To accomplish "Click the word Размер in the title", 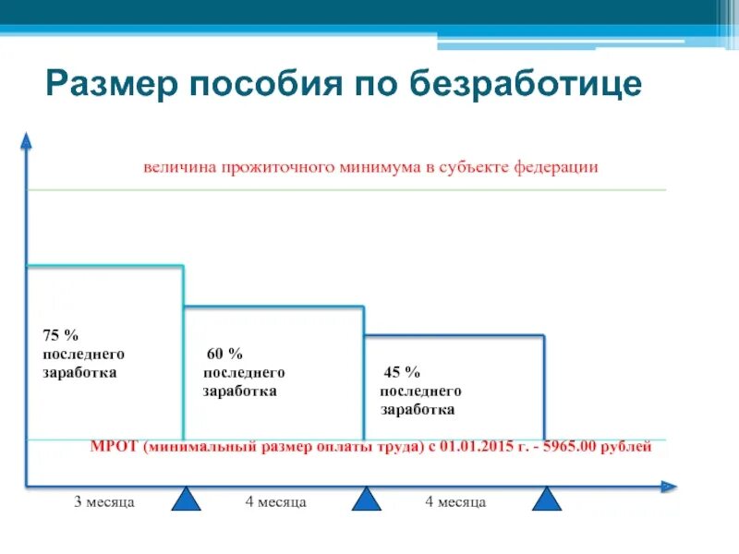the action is click(x=110, y=84).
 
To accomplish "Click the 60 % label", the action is click(x=224, y=354).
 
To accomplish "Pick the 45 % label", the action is click(x=402, y=372).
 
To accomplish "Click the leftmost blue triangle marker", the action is click(x=188, y=500).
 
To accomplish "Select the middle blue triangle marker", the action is click(x=367, y=500).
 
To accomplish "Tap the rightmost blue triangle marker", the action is click(x=547, y=500).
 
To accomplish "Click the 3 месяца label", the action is click(x=104, y=502).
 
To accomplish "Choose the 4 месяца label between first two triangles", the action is click(x=275, y=502).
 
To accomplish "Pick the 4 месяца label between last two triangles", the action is click(x=455, y=502).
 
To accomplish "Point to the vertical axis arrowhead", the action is click(x=27, y=139).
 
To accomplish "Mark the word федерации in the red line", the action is click(x=561, y=168).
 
